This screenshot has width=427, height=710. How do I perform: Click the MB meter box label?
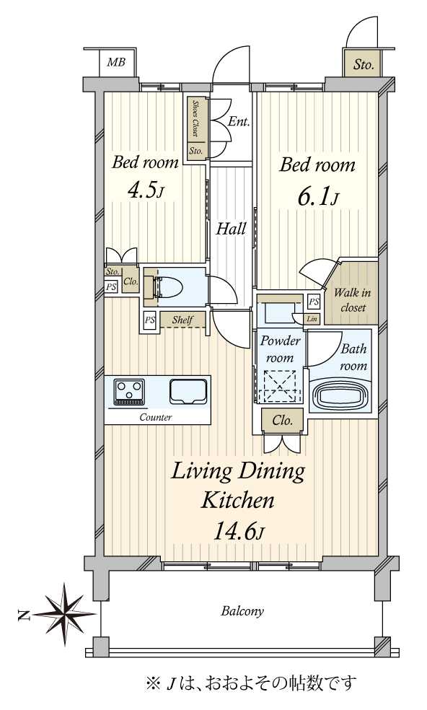click(x=116, y=62)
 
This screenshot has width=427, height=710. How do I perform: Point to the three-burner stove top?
click(x=130, y=392)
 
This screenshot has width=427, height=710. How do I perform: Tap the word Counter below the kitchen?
click(x=155, y=417)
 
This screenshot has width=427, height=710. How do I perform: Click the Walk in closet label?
click(x=353, y=299)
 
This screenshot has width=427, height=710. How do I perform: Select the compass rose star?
click(x=65, y=614)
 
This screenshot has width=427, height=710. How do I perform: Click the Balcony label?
click(x=242, y=612)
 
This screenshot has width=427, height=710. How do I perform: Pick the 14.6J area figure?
click(x=238, y=531)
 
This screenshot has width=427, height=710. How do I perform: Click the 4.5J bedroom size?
click(x=145, y=191)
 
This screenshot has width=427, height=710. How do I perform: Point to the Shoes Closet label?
click(x=195, y=118)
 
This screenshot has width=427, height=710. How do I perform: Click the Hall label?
click(x=231, y=229)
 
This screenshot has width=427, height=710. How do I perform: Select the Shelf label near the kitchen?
click(x=182, y=320)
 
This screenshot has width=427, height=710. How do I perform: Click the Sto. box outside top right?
click(x=364, y=65)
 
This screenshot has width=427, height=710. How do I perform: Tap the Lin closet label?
click(x=312, y=319)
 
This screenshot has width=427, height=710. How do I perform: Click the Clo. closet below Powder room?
click(x=283, y=421)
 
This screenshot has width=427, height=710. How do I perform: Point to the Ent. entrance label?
click(x=239, y=121)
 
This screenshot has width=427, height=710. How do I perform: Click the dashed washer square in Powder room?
click(x=276, y=386)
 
